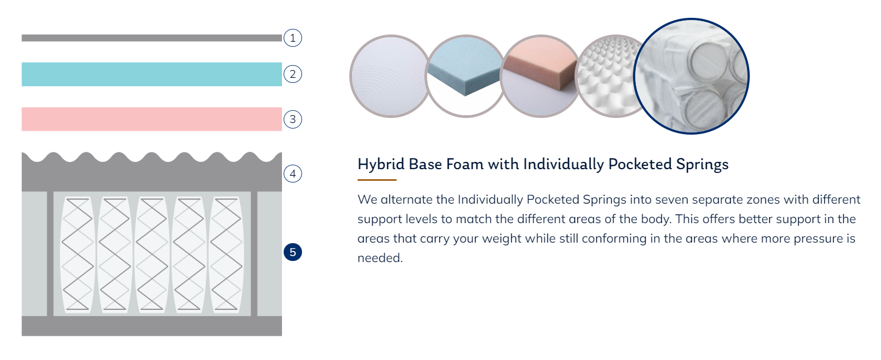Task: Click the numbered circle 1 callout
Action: (293, 38)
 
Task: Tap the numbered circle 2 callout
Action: (293, 74)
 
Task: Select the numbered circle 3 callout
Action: (293, 119)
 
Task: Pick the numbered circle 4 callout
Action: (293, 174)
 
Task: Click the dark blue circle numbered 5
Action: (293, 252)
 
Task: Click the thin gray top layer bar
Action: (152, 38)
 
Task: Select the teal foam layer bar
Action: (152, 75)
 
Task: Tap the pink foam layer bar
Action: (152, 119)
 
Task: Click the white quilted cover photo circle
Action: (389, 76)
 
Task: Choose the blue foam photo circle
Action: (466, 76)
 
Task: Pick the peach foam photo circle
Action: (541, 76)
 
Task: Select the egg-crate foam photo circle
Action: (608, 76)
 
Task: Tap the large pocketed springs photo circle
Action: (691, 76)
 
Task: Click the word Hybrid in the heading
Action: (381, 164)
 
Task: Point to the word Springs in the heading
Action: (702, 165)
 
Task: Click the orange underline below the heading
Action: (377, 180)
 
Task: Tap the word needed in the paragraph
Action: (380, 258)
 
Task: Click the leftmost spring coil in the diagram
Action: (77, 254)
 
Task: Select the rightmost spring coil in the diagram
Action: (226, 254)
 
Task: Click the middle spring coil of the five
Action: (152, 254)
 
